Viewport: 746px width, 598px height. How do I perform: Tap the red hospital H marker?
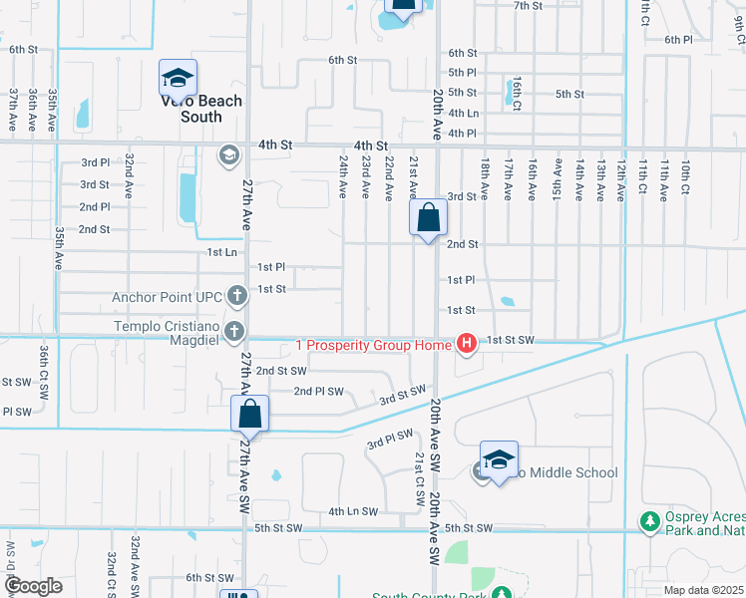(x=466, y=345)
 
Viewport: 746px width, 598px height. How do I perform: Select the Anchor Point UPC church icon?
(x=236, y=295)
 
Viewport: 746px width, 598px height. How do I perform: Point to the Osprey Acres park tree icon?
(x=650, y=521)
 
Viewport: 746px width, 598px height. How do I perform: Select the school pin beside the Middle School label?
(x=499, y=459)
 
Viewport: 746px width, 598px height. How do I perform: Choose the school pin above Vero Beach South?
(x=178, y=78)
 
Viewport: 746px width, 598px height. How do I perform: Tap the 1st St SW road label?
(x=511, y=341)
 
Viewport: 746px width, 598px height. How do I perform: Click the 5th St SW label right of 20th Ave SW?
(x=469, y=527)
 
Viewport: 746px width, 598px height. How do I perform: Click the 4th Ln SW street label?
(x=354, y=511)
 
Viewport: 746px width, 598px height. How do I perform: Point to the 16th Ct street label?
(x=517, y=91)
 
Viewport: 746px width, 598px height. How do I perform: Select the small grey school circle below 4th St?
(x=227, y=153)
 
